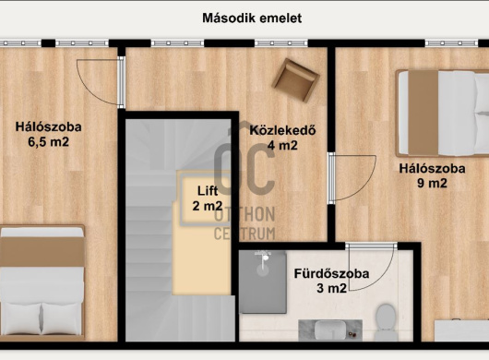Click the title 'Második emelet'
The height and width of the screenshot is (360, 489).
pyautogui.click(x=252, y=18)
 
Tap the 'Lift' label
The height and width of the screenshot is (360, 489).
pyautogui.click(x=208, y=190)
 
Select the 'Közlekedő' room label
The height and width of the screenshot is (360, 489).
pyautogui.click(x=282, y=130)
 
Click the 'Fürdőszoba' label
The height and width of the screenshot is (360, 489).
pyautogui.click(x=331, y=273)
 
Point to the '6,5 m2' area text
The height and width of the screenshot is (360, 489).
pyautogui.click(x=48, y=142)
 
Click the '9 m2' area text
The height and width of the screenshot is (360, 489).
pyautogui.click(x=432, y=183)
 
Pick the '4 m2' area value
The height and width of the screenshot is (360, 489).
pyautogui.click(x=282, y=145)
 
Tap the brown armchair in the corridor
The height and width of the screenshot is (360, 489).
pyautogui.click(x=295, y=80)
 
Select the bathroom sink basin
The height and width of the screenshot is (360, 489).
pyautogui.click(x=330, y=330)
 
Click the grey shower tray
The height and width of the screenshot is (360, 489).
pyautogui.click(x=263, y=282)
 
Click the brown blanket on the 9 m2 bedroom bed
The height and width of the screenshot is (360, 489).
pyautogui.click(x=423, y=113)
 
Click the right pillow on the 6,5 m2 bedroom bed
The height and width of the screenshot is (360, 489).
pyautogui.click(x=62, y=318)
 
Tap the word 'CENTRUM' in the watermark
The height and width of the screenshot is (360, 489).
pyautogui.click(x=244, y=234)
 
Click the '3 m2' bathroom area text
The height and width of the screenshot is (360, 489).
pyautogui.click(x=331, y=288)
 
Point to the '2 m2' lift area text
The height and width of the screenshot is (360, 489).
pyautogui.click(x=208, y=206)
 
